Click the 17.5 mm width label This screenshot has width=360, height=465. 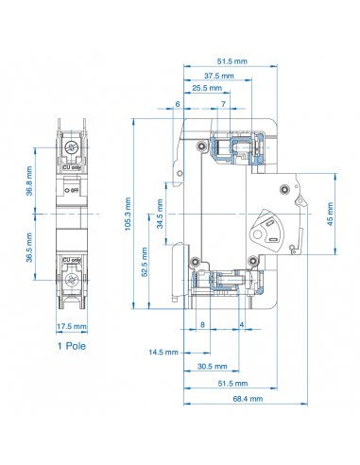pos(73,327)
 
